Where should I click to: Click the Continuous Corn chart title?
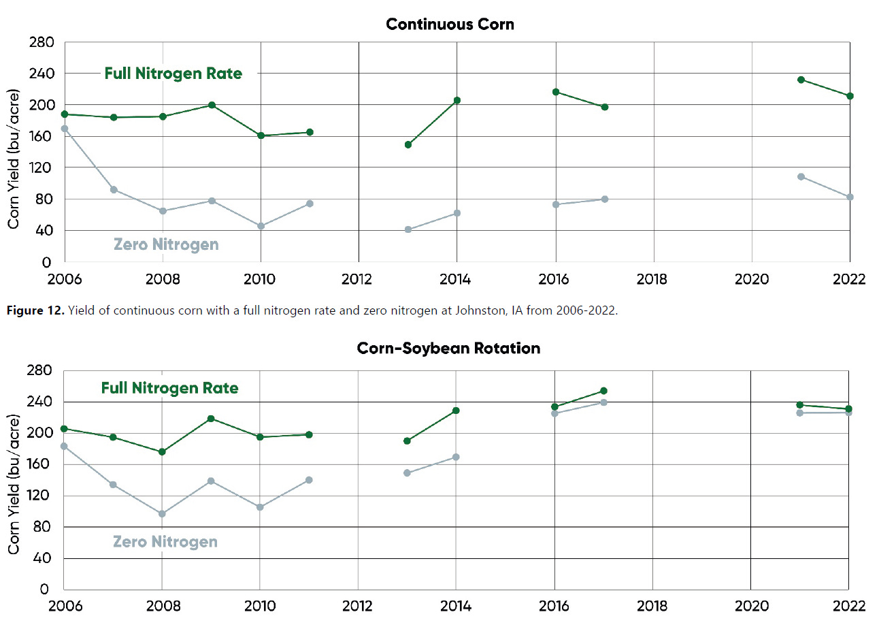coord(450,25)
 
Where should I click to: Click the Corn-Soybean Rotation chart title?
coord(448,349)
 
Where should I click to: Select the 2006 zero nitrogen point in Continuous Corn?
coord(65,129)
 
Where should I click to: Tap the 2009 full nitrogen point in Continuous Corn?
coord(212,105)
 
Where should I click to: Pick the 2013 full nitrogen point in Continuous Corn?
coord(408,144)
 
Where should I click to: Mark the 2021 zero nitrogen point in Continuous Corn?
coord(801,176)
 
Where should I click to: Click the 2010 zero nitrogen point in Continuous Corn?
coord(260,226)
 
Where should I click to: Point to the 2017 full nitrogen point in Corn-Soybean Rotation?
coord(603,391)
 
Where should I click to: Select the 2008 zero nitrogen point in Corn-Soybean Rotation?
coord(162,513)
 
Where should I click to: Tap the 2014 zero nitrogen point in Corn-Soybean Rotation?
coord(456,457)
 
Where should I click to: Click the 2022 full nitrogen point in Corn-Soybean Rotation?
coord(848,409)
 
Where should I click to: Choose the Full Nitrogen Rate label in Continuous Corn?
coord(173,74)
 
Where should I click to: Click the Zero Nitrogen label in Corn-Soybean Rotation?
coord(165,542)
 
